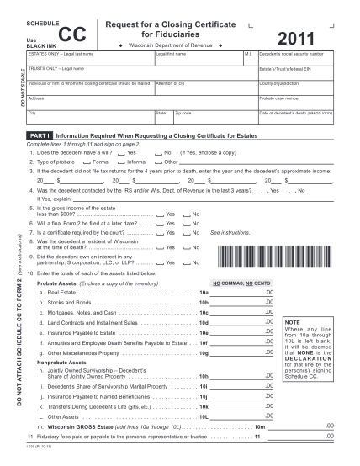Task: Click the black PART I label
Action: point(40,135)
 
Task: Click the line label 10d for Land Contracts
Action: point(203,322)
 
